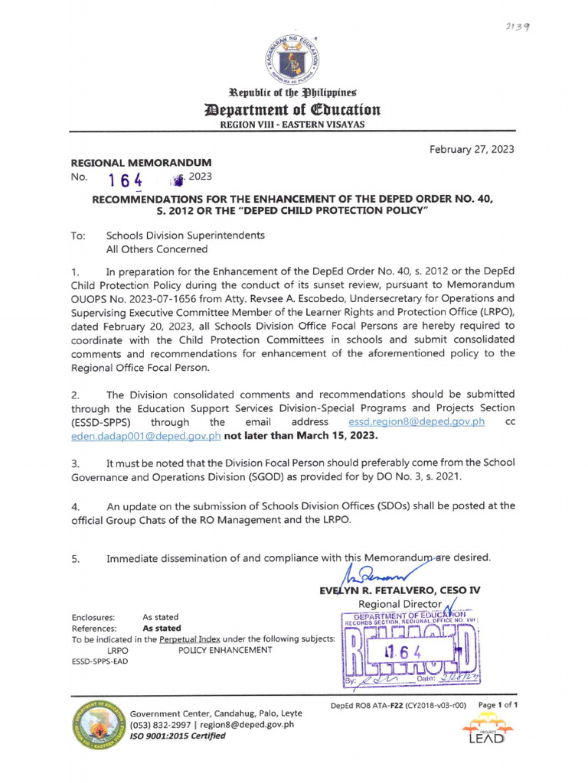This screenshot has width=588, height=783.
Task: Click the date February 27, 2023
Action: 472,149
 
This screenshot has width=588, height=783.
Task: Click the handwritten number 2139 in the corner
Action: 518,25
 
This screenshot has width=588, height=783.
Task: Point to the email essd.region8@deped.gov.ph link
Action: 416,422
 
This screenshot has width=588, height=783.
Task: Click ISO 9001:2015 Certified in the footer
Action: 178,736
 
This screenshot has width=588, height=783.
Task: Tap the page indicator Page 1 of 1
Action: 498,705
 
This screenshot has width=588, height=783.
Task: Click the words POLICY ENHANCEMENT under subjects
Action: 225,650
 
